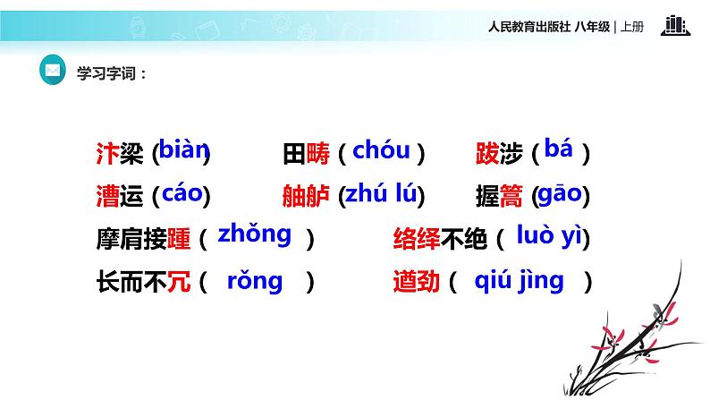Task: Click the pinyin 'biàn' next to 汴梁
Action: tap(183, 149)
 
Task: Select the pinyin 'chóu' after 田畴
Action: tap(381, 150)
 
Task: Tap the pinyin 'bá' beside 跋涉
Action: tap(558, 149)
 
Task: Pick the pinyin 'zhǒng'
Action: tap(255, 234)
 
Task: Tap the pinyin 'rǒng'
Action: tap(255, 281)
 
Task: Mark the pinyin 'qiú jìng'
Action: tap(520, 281)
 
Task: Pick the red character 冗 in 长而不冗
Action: tap(178, 283)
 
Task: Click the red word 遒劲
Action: tap(417, 283)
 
